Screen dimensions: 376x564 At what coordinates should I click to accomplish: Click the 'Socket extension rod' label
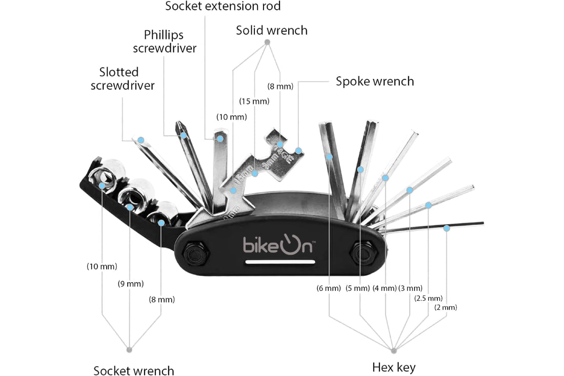pyautogui.click(x=223, y=7)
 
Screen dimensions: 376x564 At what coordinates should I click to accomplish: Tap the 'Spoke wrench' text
pyautogui.click(x=374, y=81)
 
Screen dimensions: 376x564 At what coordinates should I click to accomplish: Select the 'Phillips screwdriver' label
pyautogui.click(x=164, y=41)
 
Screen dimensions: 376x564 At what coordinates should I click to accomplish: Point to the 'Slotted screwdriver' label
pyautogui.click(x=123, y=79)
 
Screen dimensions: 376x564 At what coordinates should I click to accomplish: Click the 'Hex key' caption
pyautogui.click(x=393, y=367)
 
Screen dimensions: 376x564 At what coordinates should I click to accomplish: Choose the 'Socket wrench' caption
pyautogui.click(x=134, y=371)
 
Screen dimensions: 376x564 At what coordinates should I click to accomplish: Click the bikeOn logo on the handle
pyautogui.click(x=279, y=244)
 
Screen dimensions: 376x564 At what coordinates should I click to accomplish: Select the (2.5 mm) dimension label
pyautogui.click(x=428, y=298)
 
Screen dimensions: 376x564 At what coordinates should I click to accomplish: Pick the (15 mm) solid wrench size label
pyautogui.click(x=254, y=101)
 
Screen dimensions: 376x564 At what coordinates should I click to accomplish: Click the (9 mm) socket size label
pyautogui.click(x=131, y=284)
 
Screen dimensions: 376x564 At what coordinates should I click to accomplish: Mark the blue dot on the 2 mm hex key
pyautogui.click(x=447, y=228)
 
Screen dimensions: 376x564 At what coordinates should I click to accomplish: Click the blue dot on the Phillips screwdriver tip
pyautogui.click(x=183, y=135)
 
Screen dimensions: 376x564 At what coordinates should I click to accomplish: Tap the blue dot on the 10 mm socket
pyautogui.click(x=103, y=185)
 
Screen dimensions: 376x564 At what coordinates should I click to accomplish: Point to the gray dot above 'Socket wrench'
pyautogui.click(x=129, y=349)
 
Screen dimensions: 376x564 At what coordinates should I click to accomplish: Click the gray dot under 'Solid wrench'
pyautogui.click(x=267, y=41)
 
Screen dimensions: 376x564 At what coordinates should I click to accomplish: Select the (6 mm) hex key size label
pyautogui.click(x=329, y=288)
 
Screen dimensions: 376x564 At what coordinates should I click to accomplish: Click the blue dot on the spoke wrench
pyautogui.click(x=298, y=151)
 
